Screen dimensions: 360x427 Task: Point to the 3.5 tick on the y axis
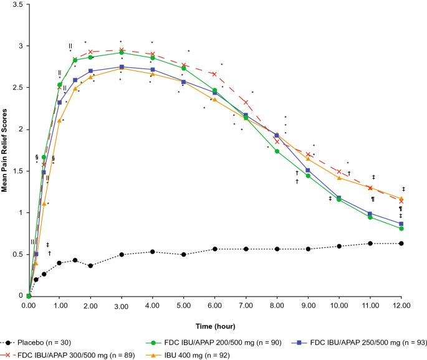click(x=17, y=4)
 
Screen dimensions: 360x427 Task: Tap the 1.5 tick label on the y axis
click(x=17, y=171)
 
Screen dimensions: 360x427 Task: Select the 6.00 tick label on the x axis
click(x=214, y=306)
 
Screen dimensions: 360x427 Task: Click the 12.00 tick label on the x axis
click(x=401, y=306)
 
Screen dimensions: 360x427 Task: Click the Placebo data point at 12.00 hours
click(x=401, y=244)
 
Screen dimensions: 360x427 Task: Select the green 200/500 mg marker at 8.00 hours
click(x=277, y=151)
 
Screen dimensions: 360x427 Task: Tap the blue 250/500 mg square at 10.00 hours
click(x=339, y=197)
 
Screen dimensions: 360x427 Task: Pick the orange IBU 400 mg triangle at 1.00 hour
click(x=60, y=121)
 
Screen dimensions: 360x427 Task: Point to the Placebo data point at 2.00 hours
click(x=90, y=266)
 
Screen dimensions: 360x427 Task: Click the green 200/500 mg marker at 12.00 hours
click(x=401, y=229)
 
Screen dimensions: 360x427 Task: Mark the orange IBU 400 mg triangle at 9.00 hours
click(x=308, y=159)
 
